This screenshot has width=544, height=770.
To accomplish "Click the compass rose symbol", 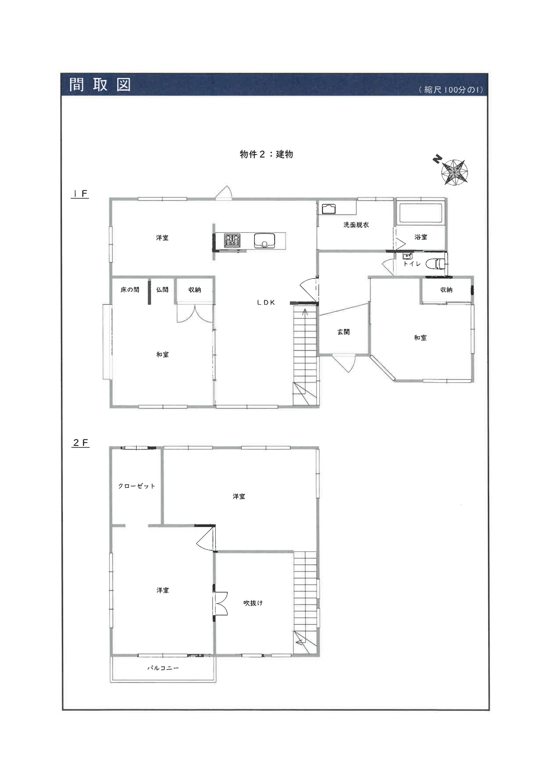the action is tap(454, 172).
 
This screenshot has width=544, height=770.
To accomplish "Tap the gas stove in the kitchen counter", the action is tap(232, 240).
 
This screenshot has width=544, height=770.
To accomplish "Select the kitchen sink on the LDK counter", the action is tap(264, 240).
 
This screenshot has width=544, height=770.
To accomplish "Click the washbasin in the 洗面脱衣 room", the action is tap(329, 209).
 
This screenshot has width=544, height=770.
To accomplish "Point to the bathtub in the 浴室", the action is tap(421, 213).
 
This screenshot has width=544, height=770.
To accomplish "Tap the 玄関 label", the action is tap(343, 332).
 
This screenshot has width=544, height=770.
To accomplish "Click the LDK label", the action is tap(266, 302).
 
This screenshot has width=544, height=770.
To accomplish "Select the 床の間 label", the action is tap(130, 289).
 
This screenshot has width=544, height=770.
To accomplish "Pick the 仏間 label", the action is tap(162, 289).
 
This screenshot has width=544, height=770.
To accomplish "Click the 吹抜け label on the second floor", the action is tap(253, 603).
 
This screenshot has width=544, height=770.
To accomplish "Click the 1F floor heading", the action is tap(80, 194).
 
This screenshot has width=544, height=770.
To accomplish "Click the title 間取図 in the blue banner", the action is tap(100, 85).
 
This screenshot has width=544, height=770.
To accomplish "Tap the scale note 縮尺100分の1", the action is tap(451, 90).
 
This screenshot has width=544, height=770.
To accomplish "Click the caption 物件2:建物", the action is tap(266, 154).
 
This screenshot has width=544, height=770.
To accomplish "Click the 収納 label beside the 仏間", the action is tap(195, 289).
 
